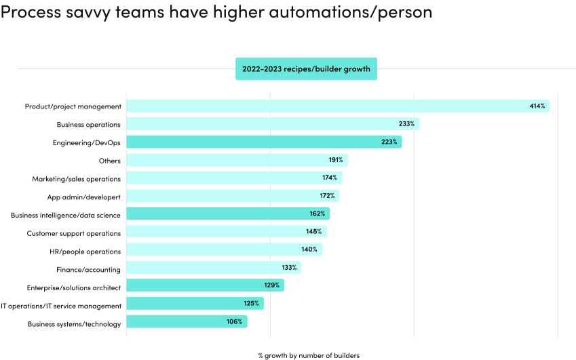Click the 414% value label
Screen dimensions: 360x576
(537, 106)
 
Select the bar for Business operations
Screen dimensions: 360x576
(271, 124)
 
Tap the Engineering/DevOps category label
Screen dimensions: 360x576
(86, 142)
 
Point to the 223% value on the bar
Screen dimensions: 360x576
(389, 142)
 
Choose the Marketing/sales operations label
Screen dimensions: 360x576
(76, 179)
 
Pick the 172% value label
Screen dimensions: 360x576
(327, 197)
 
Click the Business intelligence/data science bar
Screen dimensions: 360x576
(227, 215)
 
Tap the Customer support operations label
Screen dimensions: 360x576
(73, 233)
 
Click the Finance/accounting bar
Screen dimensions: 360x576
(213, 268)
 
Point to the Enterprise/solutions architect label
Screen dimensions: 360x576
(73, 287)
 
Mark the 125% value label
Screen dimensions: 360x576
(251, 304)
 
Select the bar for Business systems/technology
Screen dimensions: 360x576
(187, 322)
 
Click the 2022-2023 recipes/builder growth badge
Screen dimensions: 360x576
(306, 68)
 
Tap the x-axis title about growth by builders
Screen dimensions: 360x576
(308, 355)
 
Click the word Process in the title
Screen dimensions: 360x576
(32, 12)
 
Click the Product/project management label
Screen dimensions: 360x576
(73, 106)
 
